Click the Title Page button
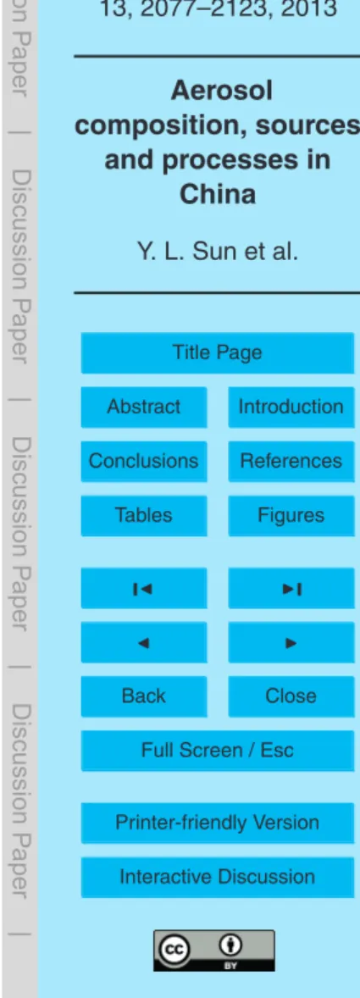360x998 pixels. (x=218, y=352)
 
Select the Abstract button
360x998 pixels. (x=144, y=407)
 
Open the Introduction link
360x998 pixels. (x=291, y=407)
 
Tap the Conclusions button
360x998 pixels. (x=144, y=461)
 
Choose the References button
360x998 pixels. (x=291, y=461)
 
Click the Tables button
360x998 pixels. (x=144, y=515)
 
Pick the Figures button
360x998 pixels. (x=291, y=515)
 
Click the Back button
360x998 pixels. (x=144, y=696)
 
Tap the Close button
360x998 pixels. (x=291, y=696)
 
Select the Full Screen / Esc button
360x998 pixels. (x=218, y=751)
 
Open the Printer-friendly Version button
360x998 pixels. (x=218, y=823)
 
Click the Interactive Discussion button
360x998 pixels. (x=218, y=877)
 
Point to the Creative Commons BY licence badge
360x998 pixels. (x=213, y=951)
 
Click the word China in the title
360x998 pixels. (x=219, y=194)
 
